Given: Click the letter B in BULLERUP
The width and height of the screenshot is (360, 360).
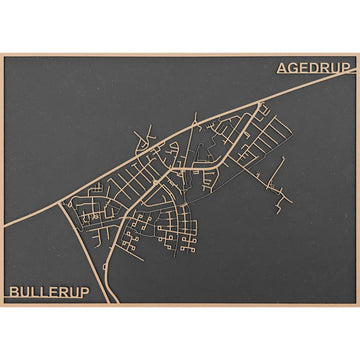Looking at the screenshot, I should pyautogui.click(x=13, y=292).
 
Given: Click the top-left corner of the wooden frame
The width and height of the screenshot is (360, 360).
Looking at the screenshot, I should pyautogui.click(x=1, y=53).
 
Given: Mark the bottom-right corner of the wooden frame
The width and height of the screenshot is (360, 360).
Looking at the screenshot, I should pyautogui.click(x=358, y=306).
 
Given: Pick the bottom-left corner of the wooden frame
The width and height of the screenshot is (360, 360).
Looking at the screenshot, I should pyautogui.click(x=1, y=306).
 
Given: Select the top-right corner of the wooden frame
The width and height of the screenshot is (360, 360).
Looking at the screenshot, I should pyautogui.click(x=358, y=53).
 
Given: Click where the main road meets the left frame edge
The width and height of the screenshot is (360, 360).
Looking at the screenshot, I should pyautogui.click(x=2, y=196).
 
